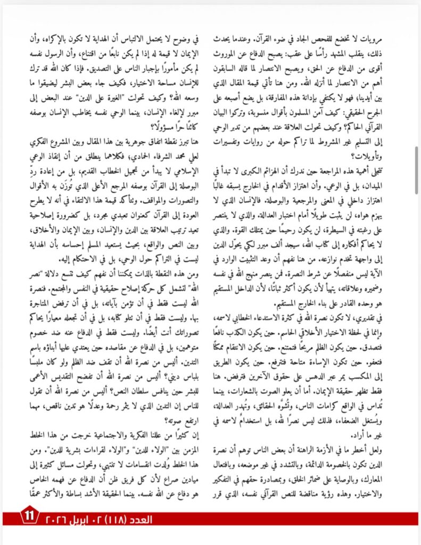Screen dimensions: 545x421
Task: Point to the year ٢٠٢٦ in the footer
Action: point(85,517)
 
